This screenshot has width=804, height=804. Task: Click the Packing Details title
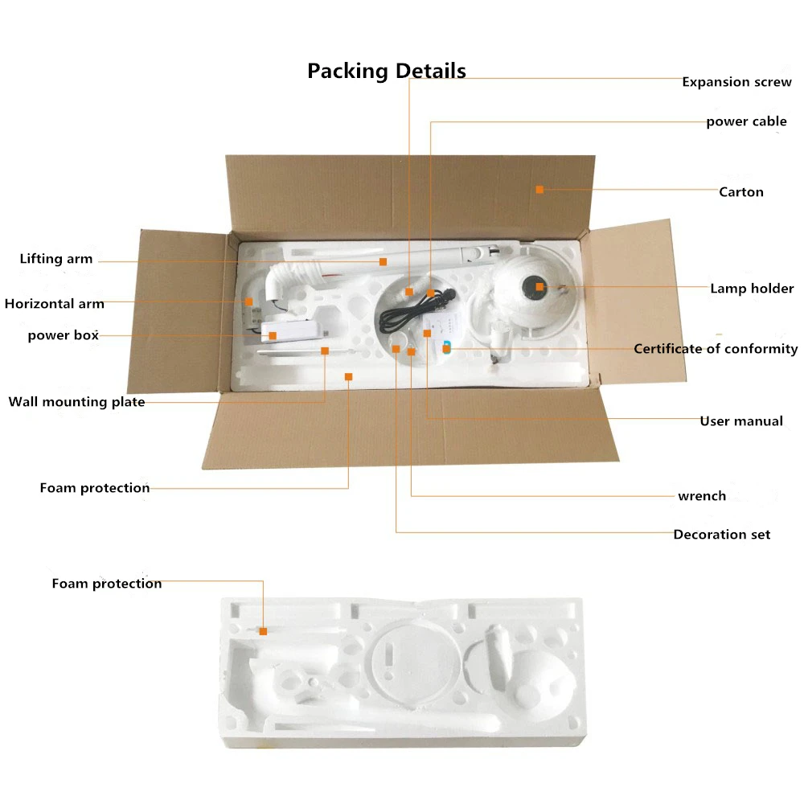point(386,71)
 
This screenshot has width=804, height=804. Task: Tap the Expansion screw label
point(736,82)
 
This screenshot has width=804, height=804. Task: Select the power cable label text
point(746,122)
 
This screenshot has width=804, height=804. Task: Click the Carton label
point(740,192)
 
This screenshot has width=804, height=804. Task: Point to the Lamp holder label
point(751,289)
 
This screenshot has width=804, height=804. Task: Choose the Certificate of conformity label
point(716,349)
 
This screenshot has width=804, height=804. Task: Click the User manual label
point(740,421)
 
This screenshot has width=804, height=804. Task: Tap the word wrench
point(701,496)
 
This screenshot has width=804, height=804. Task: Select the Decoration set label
point(721,535)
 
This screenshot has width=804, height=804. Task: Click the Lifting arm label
point(56,259)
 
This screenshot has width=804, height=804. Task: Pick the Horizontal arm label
point(55,304)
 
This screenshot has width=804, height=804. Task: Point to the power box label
point(63,335)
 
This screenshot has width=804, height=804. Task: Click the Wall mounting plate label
point(77,402)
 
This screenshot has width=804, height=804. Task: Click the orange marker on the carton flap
point(539,190)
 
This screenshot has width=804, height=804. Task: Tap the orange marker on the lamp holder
point(539,286)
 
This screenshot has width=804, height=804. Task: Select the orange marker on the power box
point(273,335)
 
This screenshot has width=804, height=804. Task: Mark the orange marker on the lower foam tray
point(263,632)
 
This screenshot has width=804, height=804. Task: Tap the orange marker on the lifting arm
point(384,261)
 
